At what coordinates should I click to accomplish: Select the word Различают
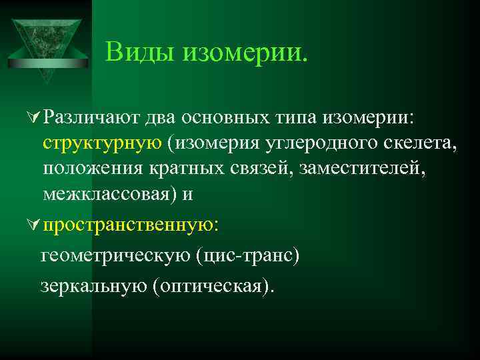point(91,118)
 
